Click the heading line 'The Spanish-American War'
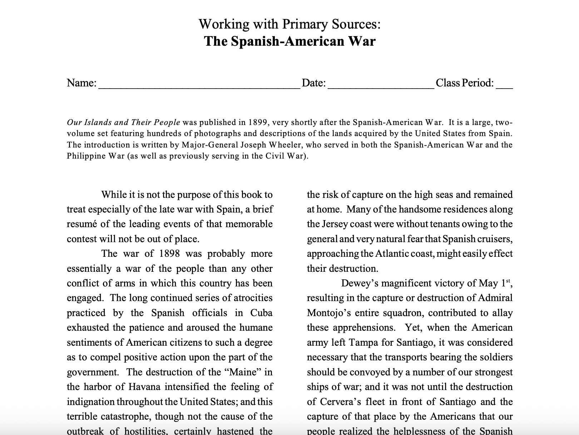pyautogui.click(x=289, y=41)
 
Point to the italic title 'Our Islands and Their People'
pyautogui.click(x=123, y=122)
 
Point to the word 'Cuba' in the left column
pyautogui.click(x=261, y=313)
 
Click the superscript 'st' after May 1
pyautogui.click(x=508, y=281)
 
